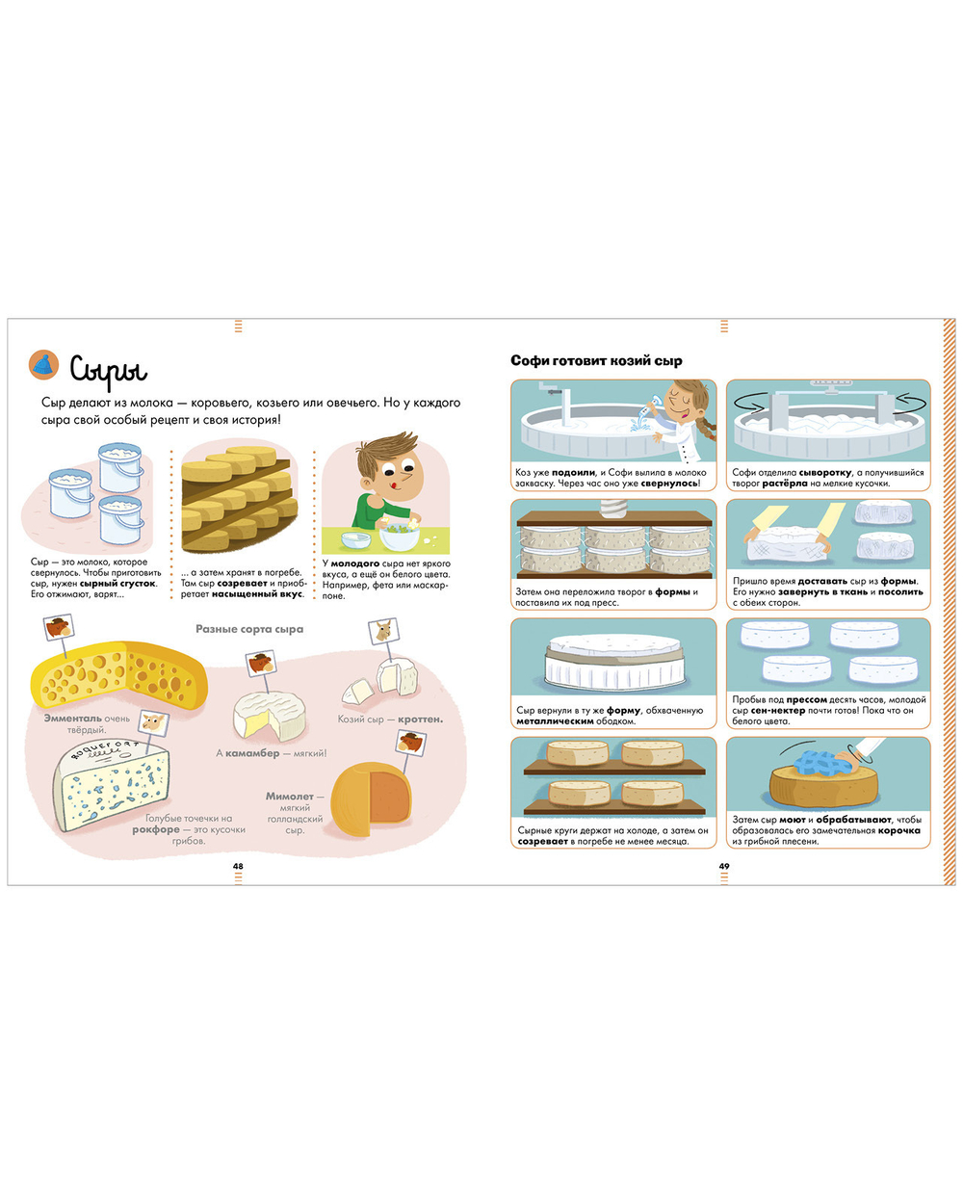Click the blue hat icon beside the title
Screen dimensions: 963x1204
43,364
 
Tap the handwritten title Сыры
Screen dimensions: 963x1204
109,369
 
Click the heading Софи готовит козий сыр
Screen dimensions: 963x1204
596,360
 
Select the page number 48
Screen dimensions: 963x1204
238,866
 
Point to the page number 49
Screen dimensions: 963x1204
724,866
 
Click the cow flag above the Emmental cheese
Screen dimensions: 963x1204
59,626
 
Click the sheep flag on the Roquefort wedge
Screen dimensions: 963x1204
151,720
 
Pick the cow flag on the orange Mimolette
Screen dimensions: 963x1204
410,742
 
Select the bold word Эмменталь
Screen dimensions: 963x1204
72,719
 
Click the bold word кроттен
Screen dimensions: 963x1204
420,720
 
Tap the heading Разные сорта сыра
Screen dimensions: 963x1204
249,629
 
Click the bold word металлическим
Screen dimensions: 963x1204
555,721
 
